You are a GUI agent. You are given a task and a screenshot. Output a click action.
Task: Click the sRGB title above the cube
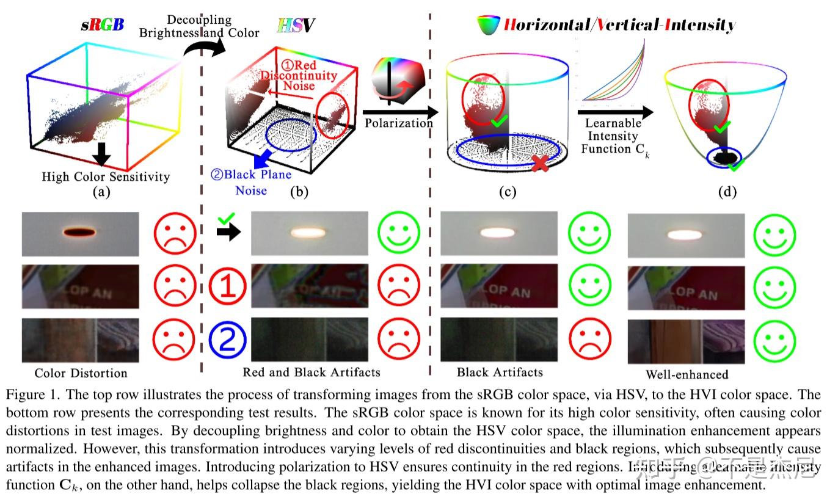[103, 25]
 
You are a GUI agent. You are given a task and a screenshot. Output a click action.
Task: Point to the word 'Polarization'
[398, 123]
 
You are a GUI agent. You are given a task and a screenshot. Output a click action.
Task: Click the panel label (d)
[727, 192]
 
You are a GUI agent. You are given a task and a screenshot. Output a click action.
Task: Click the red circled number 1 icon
[227, 286]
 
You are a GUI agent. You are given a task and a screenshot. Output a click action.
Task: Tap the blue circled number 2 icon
[227, 339]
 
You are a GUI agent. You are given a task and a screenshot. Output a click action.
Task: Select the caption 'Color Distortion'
[81, 373]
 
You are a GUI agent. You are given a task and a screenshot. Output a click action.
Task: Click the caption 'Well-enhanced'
[687, 374]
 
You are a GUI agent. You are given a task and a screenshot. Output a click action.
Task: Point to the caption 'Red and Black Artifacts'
[312, 372]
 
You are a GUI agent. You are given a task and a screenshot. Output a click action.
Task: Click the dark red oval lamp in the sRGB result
[79, 231]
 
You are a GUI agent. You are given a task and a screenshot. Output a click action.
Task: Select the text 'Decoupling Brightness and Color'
[199, 26]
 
